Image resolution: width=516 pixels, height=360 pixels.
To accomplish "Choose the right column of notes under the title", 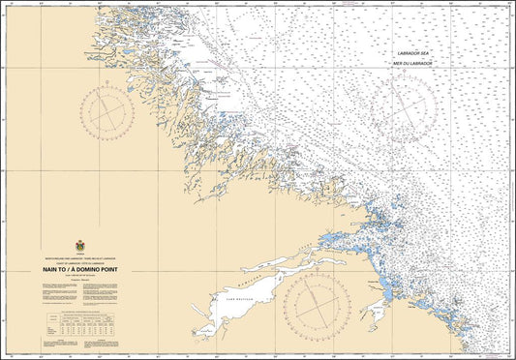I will [106, 295].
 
